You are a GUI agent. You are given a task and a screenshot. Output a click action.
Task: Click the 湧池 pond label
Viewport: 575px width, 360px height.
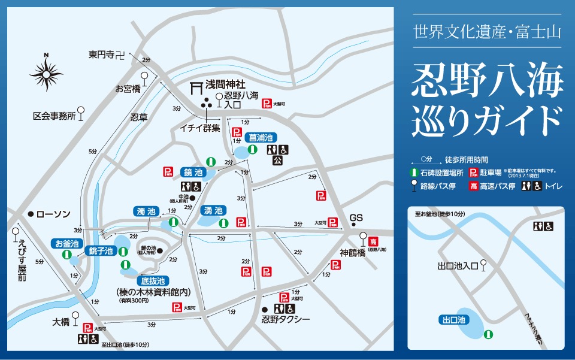[x=213, y=210]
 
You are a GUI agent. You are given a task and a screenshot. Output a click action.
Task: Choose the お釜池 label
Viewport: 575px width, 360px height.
[x=66, y=243]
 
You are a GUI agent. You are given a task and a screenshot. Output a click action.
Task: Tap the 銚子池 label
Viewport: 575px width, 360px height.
[x=101, y=250]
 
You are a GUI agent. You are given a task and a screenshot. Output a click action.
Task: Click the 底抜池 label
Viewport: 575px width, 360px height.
[x=153, y=280]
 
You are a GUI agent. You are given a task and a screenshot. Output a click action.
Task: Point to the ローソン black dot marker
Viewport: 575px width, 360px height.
[x=30, y=214]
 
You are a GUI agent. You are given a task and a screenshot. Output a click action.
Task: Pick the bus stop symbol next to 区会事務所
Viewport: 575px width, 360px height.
[x=81, y=111]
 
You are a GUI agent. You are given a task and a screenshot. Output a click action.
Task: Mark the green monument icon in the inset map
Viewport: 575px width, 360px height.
[x=489, y=334]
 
